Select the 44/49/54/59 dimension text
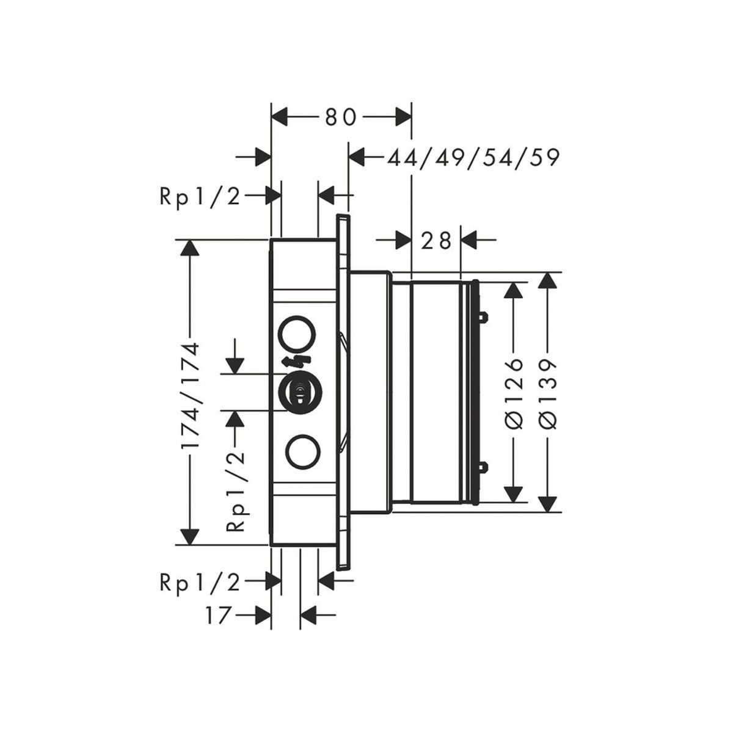[473, 158]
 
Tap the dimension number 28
[436, 240]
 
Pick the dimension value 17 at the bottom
[219, 613]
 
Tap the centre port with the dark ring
[299, 392]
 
